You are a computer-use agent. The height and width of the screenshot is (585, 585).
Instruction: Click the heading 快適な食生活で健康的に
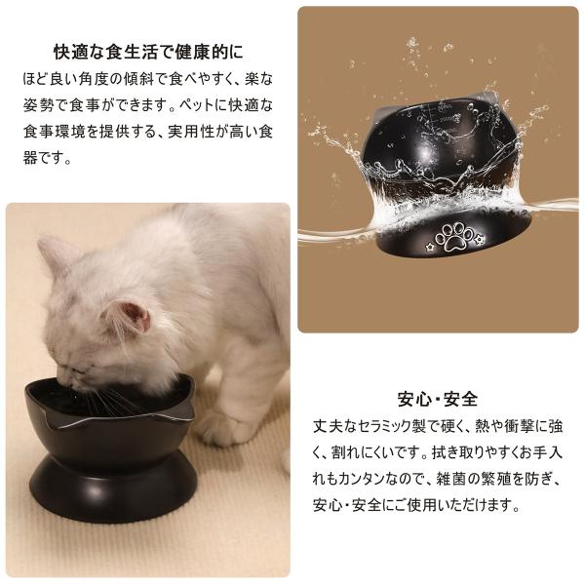pos(148,52)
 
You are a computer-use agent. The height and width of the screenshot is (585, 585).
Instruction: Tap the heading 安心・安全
pos(438,399)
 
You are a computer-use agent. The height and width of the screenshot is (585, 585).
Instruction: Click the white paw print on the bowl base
pos(453,237)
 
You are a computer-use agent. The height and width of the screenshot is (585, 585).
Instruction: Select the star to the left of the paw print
pos(431,247)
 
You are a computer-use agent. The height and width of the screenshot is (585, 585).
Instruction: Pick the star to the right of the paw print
pos(479,239)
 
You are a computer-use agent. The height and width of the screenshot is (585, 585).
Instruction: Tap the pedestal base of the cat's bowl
pos(113,488)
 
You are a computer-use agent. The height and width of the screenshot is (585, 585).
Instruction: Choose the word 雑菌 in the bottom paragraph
pos(450,480)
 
